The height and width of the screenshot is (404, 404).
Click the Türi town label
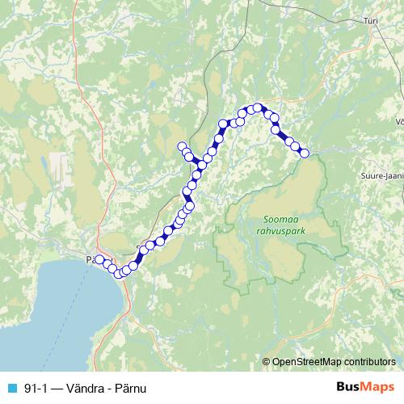[x=371, y=44]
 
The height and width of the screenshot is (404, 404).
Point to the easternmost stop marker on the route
[x=304, y=153]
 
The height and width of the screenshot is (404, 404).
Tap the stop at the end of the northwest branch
[x=182, y=146]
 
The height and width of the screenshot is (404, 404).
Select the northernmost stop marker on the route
[x=258, y=107]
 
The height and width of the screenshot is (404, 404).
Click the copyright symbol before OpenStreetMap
[x=267, y=362]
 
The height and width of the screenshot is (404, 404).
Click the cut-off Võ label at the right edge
[x=398, y=122]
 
